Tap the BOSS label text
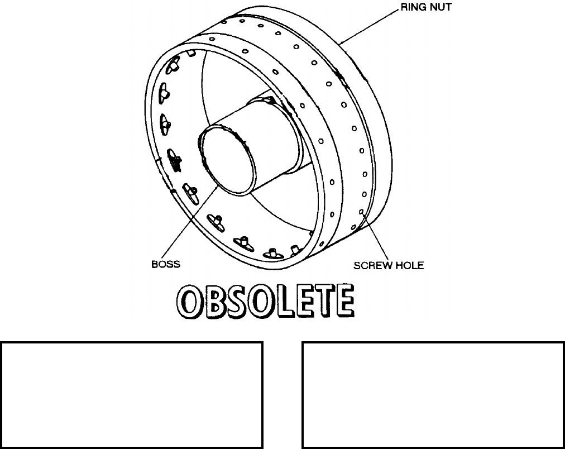pyautogui.click(x=166, y=265)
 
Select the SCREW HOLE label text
pyautogui.click(x=389, y=266)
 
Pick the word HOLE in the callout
pyautogui.click(x=410, y=266)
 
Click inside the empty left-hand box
pyautogui.click(x=132, y=395)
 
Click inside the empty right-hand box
pyautogui.click(x=433, y=395)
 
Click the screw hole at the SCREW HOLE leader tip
pyautogui.click(x=361, y=212)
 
